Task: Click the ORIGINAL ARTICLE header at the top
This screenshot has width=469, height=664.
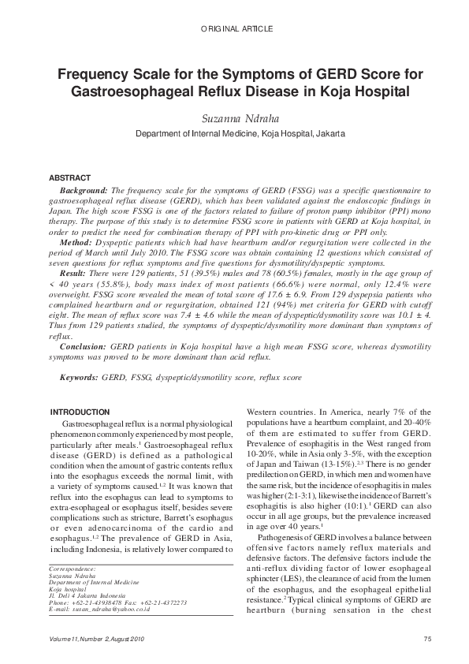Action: (x=234, y=28)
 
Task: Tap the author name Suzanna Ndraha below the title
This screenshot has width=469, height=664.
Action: (x=234, y=118)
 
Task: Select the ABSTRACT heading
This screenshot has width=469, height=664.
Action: (x=70, y=178)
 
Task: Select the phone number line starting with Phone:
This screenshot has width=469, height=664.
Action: (x=117, y=602)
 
